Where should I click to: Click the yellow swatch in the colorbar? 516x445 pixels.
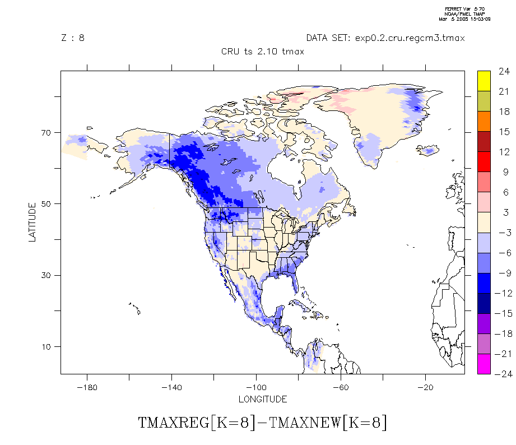[484, 81]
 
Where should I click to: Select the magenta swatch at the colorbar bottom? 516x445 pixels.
[484, 364]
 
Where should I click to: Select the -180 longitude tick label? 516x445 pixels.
[87, 387]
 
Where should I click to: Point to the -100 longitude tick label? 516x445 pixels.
[256, 387]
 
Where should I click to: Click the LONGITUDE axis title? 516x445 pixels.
[263, 399]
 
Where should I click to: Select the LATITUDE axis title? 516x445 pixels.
[32, 222]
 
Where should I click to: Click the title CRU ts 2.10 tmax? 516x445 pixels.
[263, 52]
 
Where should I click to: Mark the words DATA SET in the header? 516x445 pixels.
[327, 38]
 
